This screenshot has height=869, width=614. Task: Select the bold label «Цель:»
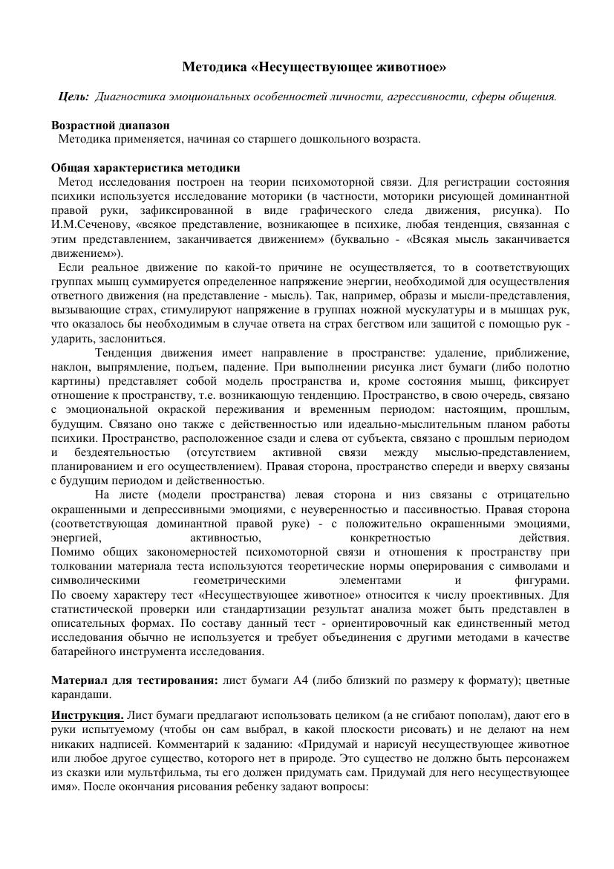[x=74, y=97]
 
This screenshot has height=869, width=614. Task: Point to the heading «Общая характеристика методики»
[x=146, y=168]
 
